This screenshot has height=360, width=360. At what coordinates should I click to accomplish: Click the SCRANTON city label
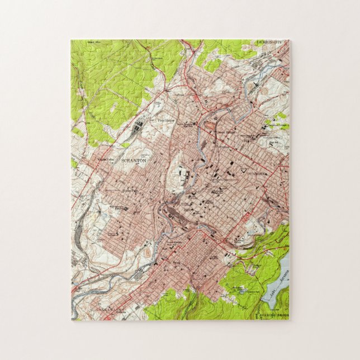point(134,160)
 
